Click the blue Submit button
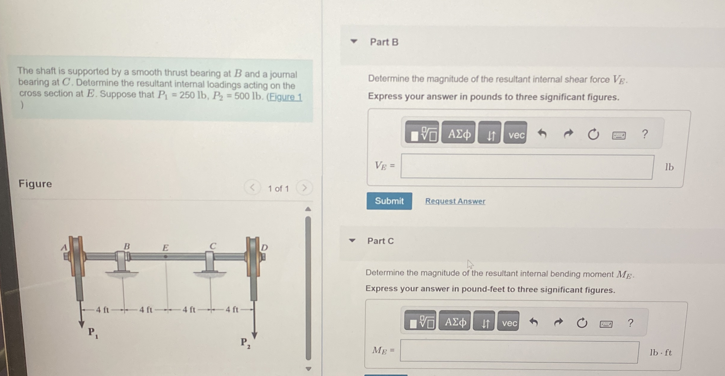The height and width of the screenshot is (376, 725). tap(389, 201)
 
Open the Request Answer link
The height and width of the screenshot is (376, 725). tap(455, 201)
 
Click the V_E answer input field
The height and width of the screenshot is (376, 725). tap(527, 167)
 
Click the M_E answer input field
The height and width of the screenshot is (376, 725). tap(519, 352)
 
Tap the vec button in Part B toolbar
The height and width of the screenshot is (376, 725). tap(515, 133)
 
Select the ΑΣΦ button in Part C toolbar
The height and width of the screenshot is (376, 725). tap(455, 322)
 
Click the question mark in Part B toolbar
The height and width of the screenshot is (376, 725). tap(645, 134)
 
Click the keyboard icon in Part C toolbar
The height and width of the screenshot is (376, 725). tap(606, 324)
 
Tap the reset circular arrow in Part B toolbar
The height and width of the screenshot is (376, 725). tap(593, 134)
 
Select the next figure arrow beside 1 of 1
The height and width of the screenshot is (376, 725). tap(304, 188)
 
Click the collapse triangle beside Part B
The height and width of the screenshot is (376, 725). tap(354, 41)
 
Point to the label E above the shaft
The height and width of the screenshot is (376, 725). tap(165, 247)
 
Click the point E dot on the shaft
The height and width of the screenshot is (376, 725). tap(166, 257)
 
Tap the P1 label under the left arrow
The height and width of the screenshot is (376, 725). tap(93, 333)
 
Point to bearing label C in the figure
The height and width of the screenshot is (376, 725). tap(213, 246)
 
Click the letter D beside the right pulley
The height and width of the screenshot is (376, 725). tap(265, 247)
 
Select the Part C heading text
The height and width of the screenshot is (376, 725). tap(380, 241)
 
